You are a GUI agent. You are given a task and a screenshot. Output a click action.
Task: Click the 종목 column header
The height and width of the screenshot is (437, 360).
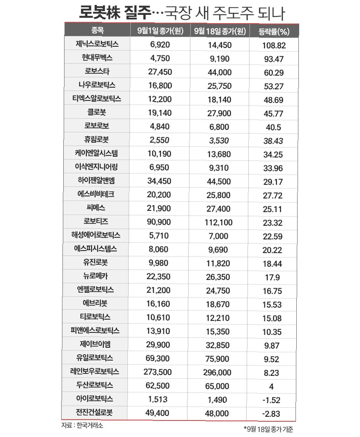[x=98, y=31]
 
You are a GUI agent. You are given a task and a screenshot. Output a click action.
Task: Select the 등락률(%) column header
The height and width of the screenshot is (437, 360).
[x=273, y=31]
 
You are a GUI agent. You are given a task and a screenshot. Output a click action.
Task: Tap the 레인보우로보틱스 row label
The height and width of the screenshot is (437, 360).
[x=95, y=372]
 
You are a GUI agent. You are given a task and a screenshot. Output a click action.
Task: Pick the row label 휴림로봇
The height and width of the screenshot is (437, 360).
[x=98, y=140]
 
